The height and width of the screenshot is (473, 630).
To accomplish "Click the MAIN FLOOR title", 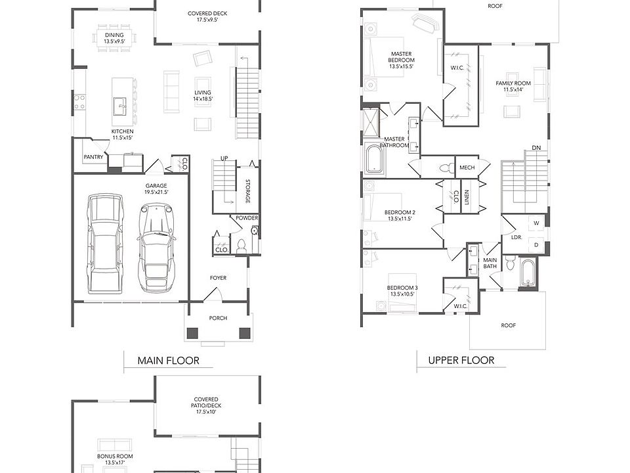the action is [169, 361].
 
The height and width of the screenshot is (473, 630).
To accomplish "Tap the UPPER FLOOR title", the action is [461, 360].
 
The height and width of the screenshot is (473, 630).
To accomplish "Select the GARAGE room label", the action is [156, 186].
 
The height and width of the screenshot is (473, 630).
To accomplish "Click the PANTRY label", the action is [93, 157].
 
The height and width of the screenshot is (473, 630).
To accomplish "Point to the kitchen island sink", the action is [120, 106].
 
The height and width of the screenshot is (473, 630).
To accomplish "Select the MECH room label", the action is [467, 168].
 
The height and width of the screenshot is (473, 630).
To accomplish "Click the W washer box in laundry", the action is [536, 223].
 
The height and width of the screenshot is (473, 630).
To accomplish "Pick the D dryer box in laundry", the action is [536, 244].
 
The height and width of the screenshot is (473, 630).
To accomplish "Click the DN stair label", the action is [536, 148].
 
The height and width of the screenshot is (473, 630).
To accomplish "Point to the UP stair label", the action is [224, 158].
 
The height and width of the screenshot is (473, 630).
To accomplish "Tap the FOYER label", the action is [218, 277].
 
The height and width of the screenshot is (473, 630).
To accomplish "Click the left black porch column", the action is [193, 333].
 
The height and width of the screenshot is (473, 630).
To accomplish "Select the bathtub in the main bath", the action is [526, 273].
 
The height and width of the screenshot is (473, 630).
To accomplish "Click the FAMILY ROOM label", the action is [513, 83].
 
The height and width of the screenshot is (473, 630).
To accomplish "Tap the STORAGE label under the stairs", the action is [247, 191].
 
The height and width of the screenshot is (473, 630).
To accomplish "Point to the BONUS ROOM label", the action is [115, 456].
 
